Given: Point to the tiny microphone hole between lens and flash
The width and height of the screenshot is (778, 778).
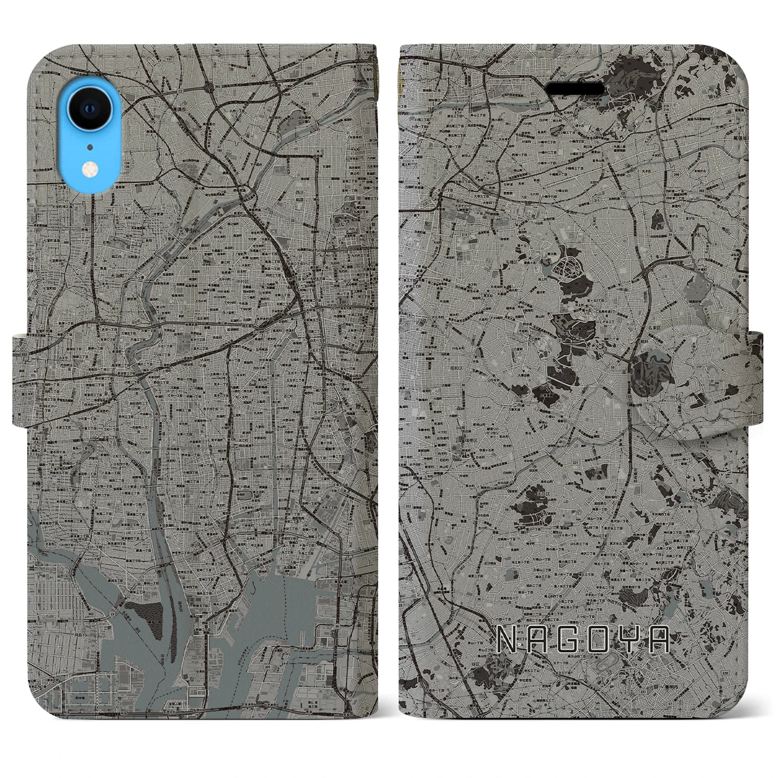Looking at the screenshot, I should (x=90, y=146).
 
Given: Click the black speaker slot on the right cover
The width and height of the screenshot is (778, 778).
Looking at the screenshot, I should (x=575, y=89).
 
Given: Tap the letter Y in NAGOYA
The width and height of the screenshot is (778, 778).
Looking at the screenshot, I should (x=632, y=639).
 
